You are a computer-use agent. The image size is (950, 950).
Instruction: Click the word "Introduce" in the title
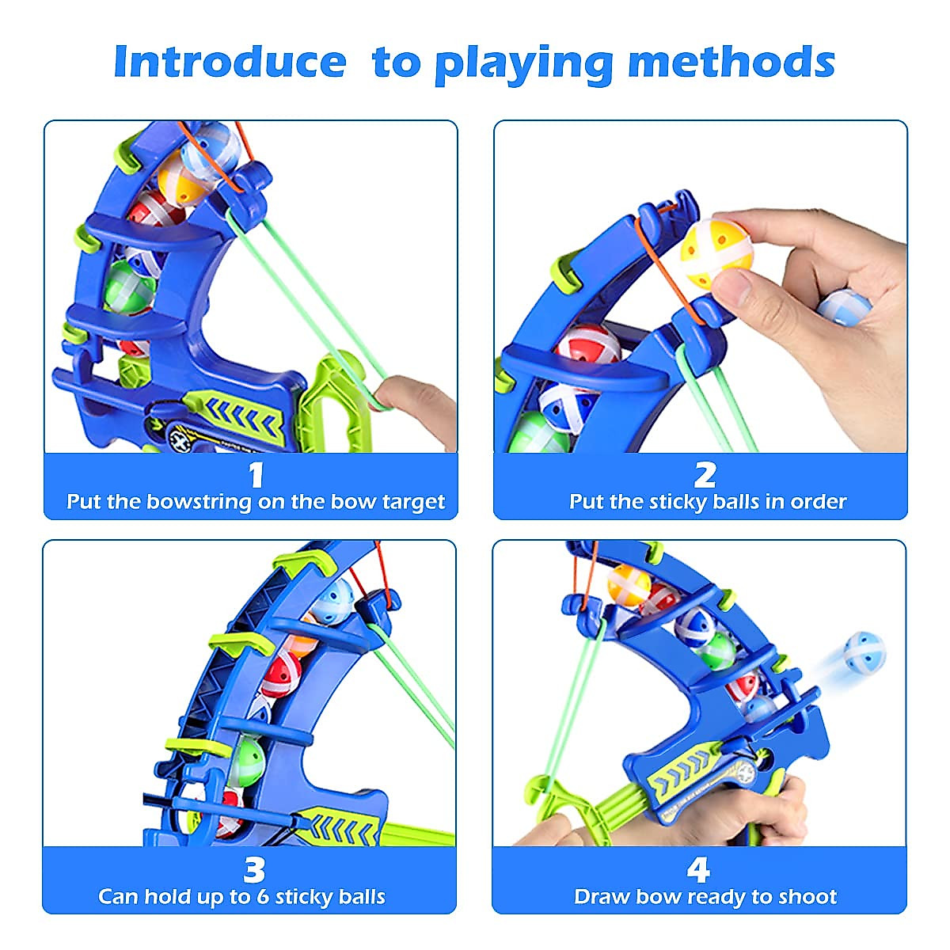tap(230, 62)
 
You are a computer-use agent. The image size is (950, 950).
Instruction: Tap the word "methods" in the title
tap(731, 62)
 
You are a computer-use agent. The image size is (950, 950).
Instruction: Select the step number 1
tap(255, 475)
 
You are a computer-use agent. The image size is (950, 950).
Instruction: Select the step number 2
tap(705, 475)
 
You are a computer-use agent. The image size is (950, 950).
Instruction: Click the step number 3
tap(253, 870)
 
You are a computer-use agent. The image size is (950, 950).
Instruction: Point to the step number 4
tap(697, 870)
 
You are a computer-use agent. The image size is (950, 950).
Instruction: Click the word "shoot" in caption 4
tap(807, 897)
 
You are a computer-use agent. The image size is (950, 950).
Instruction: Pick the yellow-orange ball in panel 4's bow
tap(629, 586)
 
